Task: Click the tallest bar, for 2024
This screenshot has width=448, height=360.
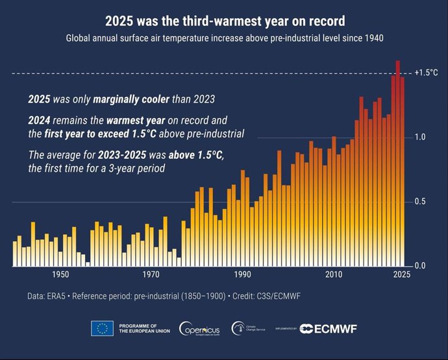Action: point(397,162)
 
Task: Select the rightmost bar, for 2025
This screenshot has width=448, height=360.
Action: point(403,172)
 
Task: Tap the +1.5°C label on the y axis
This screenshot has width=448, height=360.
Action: point(426,73)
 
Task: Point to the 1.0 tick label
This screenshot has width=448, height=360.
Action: point(420,138)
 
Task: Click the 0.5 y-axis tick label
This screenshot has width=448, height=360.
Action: point(420,202)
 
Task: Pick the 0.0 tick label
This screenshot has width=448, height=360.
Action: point(420,266)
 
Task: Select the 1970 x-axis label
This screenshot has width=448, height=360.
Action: point(151,274)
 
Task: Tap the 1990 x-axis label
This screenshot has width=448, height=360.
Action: point(243,274)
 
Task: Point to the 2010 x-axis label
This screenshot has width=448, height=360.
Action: point(334,274)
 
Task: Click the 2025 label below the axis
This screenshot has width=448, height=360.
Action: point(401,274)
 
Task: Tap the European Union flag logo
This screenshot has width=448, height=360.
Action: point(103,329)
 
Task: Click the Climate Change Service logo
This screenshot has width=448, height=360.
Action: point(250,329)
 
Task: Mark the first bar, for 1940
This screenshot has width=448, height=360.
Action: point(15,254)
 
